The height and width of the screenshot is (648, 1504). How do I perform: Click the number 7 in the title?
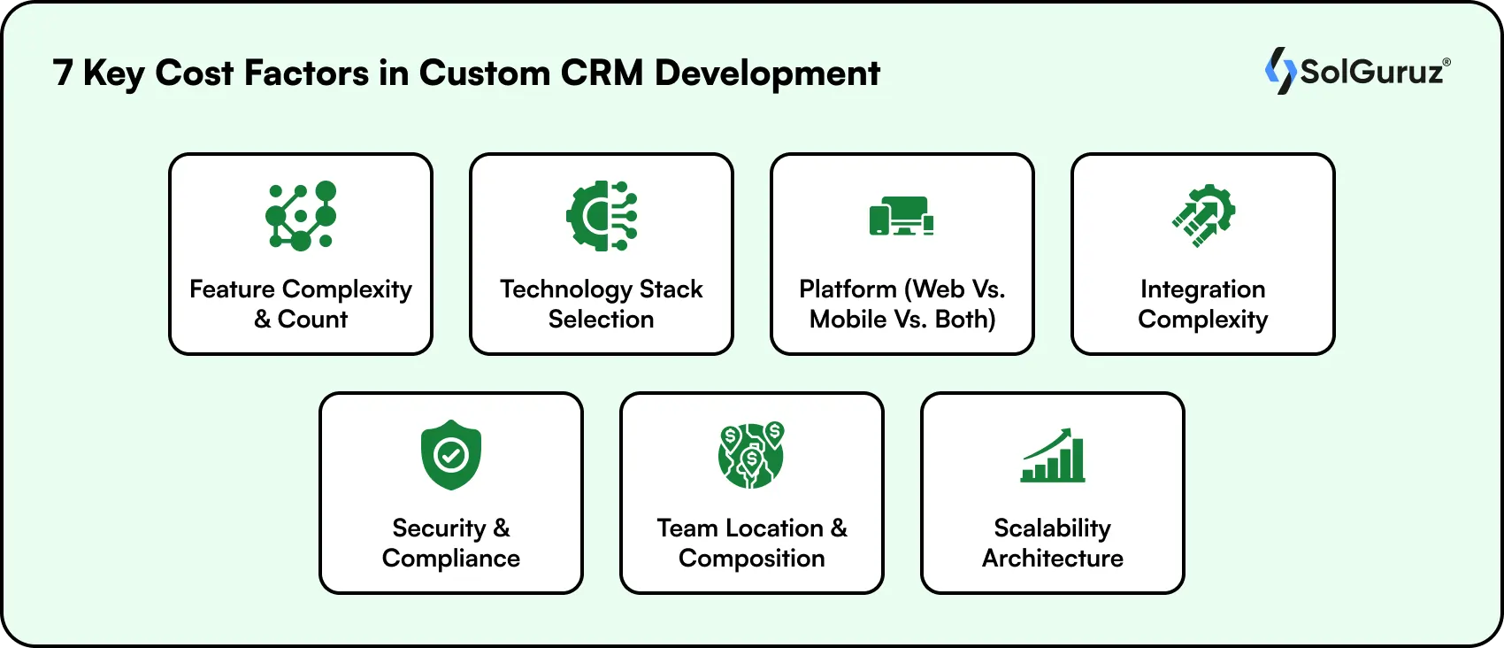[63, 73]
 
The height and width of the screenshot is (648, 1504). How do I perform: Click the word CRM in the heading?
[602, 73]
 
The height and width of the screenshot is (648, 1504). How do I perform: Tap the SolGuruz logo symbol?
[1279, 71]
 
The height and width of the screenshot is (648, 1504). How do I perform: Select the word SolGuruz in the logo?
[1371, 72]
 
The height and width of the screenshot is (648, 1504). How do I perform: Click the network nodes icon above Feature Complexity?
[301, 215]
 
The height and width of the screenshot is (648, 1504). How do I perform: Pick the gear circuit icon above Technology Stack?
[602, 215]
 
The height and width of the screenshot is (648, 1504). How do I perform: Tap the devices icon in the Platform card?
[902, 216]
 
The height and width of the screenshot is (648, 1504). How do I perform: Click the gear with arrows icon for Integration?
[1203, 215]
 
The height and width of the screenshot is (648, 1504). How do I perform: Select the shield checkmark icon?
[451, 455]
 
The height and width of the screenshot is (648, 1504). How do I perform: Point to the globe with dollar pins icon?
[751, 455]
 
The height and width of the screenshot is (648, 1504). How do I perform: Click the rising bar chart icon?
[1053, 455]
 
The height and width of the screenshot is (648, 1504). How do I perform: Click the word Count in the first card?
[312, 320]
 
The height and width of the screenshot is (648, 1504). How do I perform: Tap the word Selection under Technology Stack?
[601, 320]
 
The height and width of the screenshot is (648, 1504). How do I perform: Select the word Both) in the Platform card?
[965, 320]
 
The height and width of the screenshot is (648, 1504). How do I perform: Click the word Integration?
[1202, 289]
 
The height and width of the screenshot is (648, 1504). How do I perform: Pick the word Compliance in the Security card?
[451, 559]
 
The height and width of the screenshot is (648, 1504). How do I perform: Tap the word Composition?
[751, 559]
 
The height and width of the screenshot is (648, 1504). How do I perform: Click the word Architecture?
[1053, 559]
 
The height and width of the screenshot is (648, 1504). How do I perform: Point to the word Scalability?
[1053, 528]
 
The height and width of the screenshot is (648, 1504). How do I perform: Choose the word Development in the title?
[767, 73]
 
